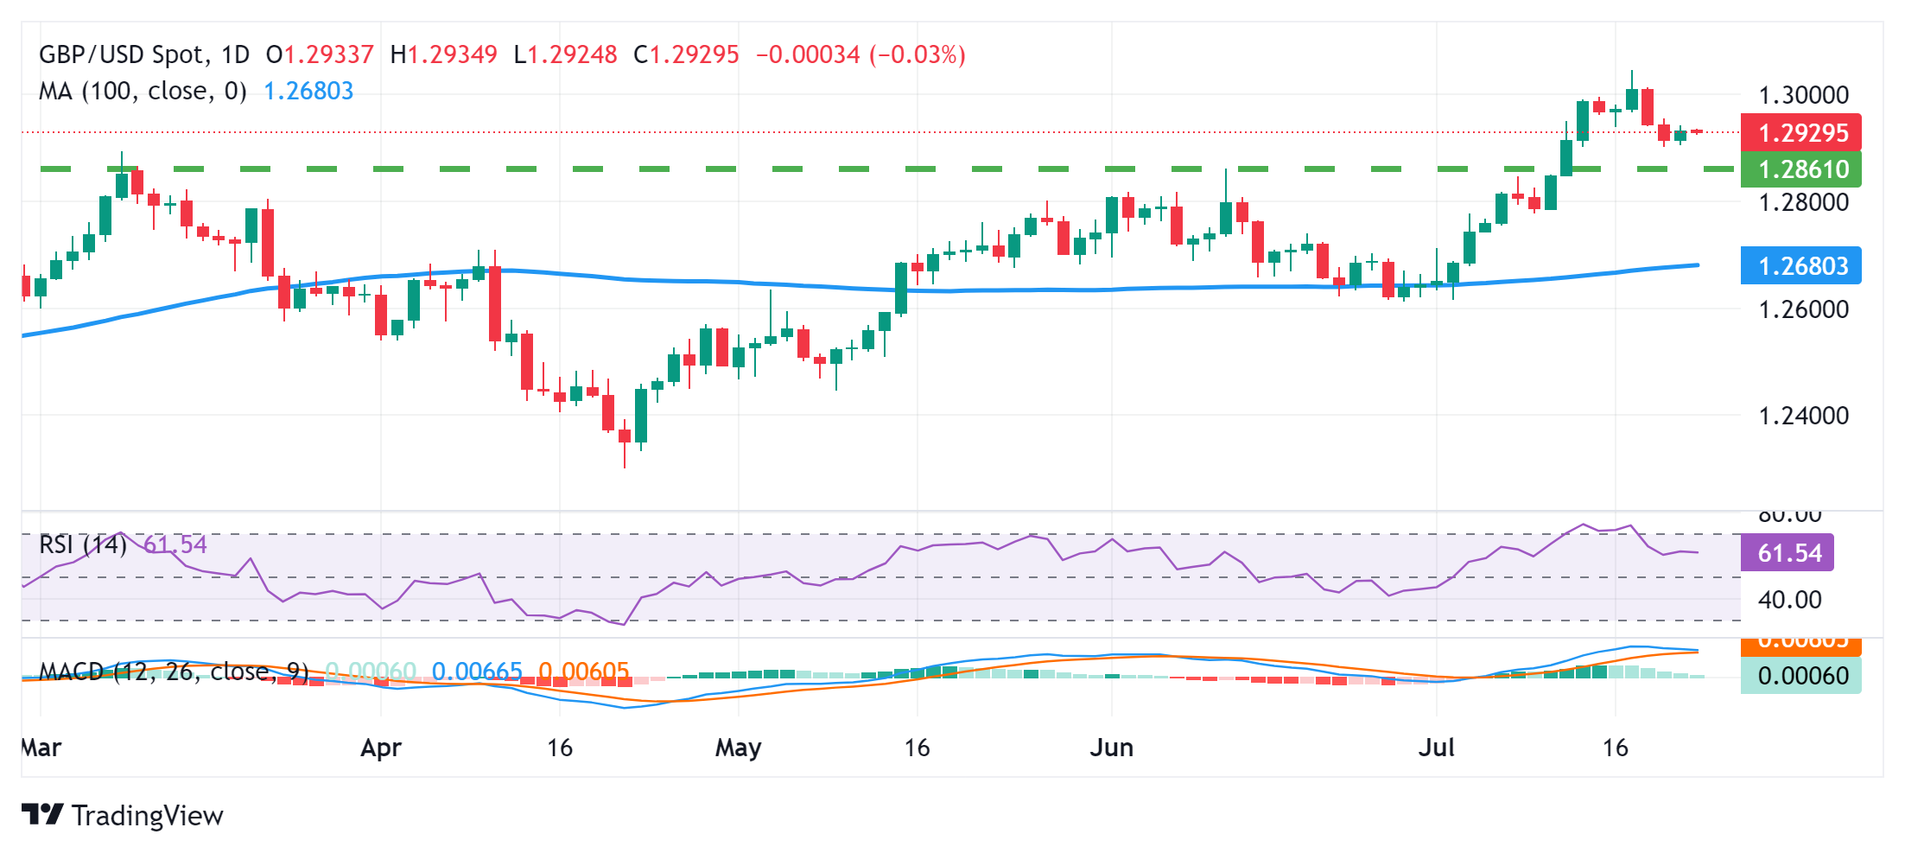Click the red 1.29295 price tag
1801,132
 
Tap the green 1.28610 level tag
1801,169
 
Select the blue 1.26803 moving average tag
1801,265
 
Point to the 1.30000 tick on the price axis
1804,94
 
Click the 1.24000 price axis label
1804,415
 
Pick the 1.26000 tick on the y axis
1804,309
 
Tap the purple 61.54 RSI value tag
1788,552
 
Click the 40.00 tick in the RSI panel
1789,599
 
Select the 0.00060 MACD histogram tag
1802,675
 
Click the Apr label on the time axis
381,748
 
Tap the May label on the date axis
738,748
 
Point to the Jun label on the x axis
1111,748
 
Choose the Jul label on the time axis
1436,748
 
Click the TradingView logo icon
41,814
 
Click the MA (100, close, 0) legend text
143,91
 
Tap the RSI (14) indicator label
83,544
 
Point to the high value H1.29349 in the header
443,54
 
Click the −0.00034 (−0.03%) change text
860,54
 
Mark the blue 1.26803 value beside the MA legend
308,91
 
